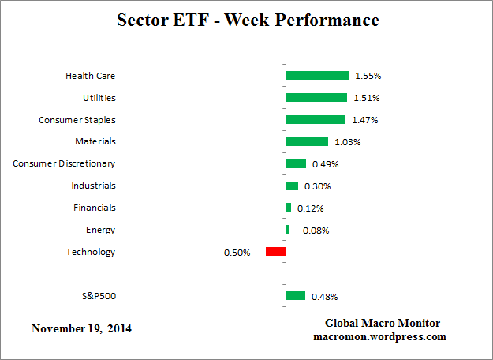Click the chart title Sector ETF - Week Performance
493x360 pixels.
pyautogui.click(x=247, y=20)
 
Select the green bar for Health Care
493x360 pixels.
pyautogui.click(x=317, y=76)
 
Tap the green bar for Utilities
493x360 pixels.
pyautogui.click(x=316, y=98)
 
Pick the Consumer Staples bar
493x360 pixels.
pyautogui.click(x=316, y=120)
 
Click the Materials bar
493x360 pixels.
pyautogui.click(x=307, y=142)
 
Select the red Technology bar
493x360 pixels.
pyautogui.click(x=275, y=252)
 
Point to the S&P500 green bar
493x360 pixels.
pyautogui.click(x=296, y=296)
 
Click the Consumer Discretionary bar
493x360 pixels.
pyautogui.click(x=296, y=164)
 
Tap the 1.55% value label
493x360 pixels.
pyautogui.click(x=368, y=77)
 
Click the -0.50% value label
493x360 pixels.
pyautogui.click(x=236, y=253)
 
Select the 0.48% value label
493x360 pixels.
pyautogui.click(x=324, y=297)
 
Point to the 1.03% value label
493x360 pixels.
pyautogui.click(x=347, y=142)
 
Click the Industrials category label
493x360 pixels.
pyautogui.click(x=93, y=186)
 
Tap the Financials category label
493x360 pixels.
pyautogui.click(x=95, y=208)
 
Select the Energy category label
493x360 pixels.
pyautogui.click(x=100, y=230)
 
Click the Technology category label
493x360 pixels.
pyautogui.click(x=91, y=252)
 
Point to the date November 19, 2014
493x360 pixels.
pyautogui.click(x=82, y=328)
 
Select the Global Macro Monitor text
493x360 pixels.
pyautogui.click(x=383, y=324)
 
